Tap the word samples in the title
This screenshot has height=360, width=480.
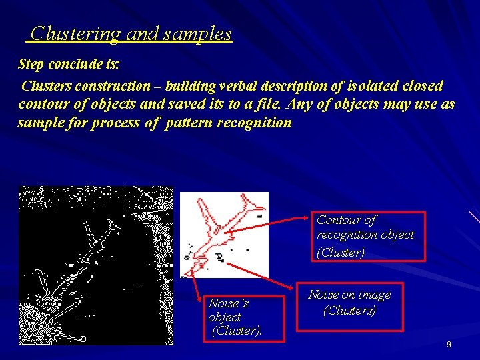pyautogui.click(x=199, y=33)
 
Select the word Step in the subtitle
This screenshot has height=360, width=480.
pyautogui.click(x=31, y=65)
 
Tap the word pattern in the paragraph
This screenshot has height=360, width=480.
pyautogui.click(x=192, y=123)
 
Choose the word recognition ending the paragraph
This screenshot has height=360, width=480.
pyautogui.click(x=258, y=123)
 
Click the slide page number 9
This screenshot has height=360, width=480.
pyautogui.click(x=449, y=345)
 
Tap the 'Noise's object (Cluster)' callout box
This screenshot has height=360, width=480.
pyautogui.click(x=235, y=317)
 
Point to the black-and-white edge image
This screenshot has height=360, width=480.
pyautogui.click(x=96, y=265)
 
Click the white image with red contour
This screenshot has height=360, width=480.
pyautogui.click(x=224, y=235)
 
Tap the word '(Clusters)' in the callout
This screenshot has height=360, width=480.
pyautogui.click(x=350, y=311)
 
